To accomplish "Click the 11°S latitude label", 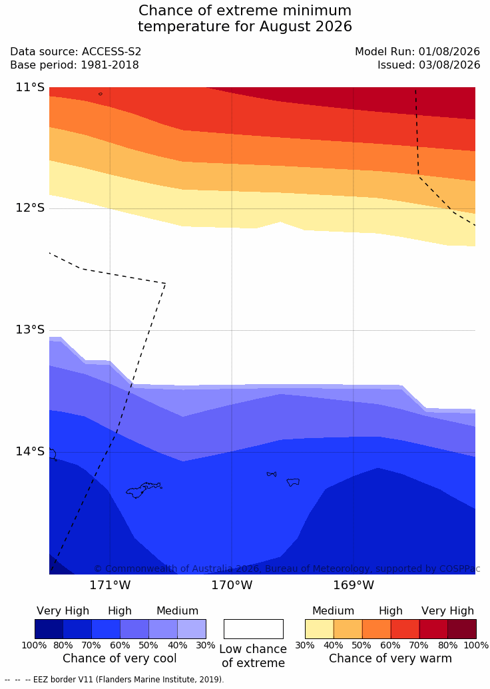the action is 31,87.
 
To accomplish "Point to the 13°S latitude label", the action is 31,330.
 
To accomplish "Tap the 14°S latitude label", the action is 31,451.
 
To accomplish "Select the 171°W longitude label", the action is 110,585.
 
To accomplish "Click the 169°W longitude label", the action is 354,585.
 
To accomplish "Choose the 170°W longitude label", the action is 232,585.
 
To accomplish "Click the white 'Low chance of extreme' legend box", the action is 254,629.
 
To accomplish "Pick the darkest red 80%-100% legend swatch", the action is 462,629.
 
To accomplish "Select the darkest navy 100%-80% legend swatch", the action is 49,629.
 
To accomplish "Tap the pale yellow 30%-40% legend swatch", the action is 320,629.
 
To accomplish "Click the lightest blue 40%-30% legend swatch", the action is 192,629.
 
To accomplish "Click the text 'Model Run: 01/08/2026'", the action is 417,51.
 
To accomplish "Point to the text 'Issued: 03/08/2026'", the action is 429,65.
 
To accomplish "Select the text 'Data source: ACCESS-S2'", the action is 76,51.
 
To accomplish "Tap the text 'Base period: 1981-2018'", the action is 75,65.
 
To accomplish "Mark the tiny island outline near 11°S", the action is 101,94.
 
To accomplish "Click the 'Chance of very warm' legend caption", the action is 390,658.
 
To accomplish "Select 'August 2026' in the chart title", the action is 306,27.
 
